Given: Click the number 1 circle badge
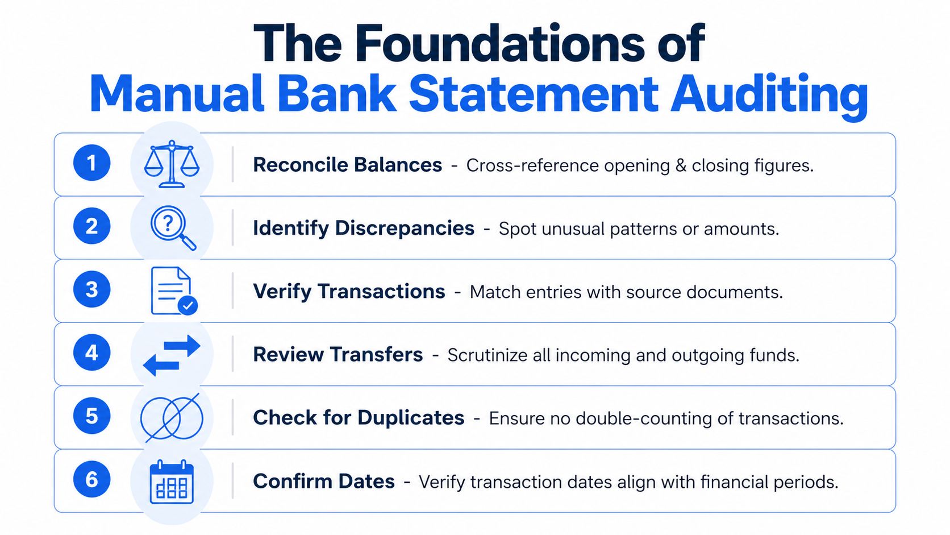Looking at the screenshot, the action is [x=91, y=163].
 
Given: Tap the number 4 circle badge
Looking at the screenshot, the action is [x=91, y=352].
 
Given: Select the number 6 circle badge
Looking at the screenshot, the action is [x=91, y=479].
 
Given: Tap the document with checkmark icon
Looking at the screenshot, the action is [x=174, y=291].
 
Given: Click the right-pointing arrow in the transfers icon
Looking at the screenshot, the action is [x=182, y=345].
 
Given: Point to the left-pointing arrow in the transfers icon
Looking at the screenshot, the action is [x=161, y=365].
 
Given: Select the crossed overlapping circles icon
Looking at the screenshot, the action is [x=172, y=417].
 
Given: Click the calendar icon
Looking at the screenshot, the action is [x=172, y=482].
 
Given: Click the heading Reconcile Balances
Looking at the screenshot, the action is [x=347, y=165].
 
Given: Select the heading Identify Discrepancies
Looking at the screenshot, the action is [x=364, y=228].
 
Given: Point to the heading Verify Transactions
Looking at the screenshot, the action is [x=349, y=292].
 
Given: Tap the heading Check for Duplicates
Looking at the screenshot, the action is [x=359, y=417].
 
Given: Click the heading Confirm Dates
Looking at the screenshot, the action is [x=324, y=481].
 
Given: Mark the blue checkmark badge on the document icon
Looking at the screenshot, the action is [x=188, y=305].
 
